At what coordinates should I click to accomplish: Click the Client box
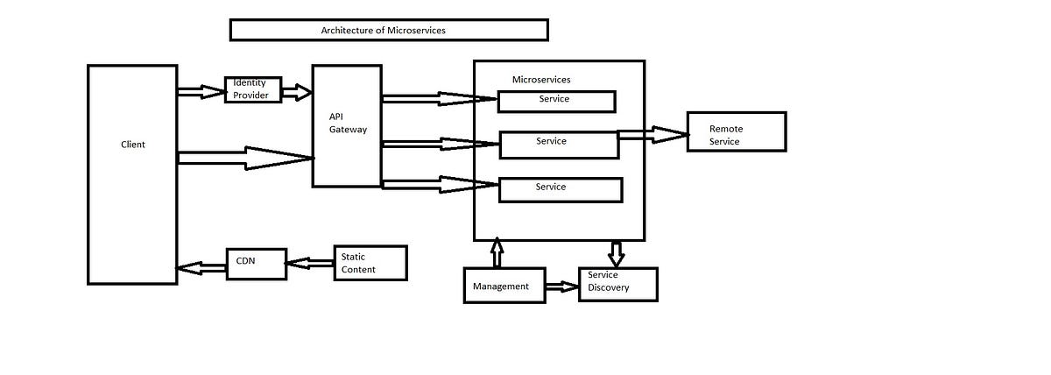click(132, 174)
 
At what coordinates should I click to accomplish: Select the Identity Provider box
click(254, 89)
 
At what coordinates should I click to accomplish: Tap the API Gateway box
click(347, 125)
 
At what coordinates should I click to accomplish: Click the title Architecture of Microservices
click(389, 31)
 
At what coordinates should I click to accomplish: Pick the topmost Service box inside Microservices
click(556, 101)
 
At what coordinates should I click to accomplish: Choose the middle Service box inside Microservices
click(559, 145)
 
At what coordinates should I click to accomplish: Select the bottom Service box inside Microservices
click(561, 190)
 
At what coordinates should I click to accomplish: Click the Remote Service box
click(736, 132)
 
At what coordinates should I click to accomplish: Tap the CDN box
click(256, 264)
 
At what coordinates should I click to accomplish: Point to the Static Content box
click(370, 263)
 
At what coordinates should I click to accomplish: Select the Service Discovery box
click(617, 284)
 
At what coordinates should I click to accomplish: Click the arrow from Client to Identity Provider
click(201, 91)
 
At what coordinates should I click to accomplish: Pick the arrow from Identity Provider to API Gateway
click(297, 92)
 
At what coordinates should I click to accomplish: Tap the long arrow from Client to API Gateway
click(245, 158)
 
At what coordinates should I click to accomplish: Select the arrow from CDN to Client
click(201, 266)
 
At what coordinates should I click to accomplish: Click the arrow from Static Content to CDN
click(310, 262)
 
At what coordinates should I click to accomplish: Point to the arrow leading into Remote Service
click(652, 135)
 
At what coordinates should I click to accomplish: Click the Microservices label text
click(540, 80)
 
